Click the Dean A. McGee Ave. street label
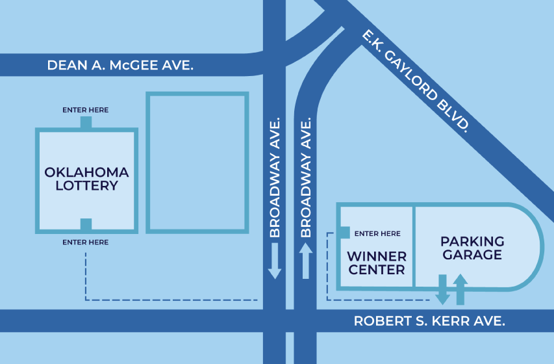click(x=121, y=66)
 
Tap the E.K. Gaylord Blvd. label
click(x=415, y=82)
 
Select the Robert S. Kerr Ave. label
click(x=429, y=321)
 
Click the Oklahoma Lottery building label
click(x=86, y=179)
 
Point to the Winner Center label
click(x=377, y=263)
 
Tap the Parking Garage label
click(x=472, y=248)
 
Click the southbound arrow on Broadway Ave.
click(x=275, y=261)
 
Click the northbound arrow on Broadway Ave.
click(x=306, y=261)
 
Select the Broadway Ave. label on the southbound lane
click(x=275, y=177)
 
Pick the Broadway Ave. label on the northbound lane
click(x=306, y=177)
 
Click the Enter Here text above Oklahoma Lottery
click(x=85, y=110)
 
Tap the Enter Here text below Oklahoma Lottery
click(x=85, y=242)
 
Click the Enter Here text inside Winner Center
click(x=377, y=233)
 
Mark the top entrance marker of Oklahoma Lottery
click(x=86, y=122)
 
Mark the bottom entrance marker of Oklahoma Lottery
click(x=86, y=225)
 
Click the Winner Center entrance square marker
click(x=344, y=233)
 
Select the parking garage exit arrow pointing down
click(x=442, y=290)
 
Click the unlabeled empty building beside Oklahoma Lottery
click(x=197, y=162)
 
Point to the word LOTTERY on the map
click(x=86, y=186)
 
